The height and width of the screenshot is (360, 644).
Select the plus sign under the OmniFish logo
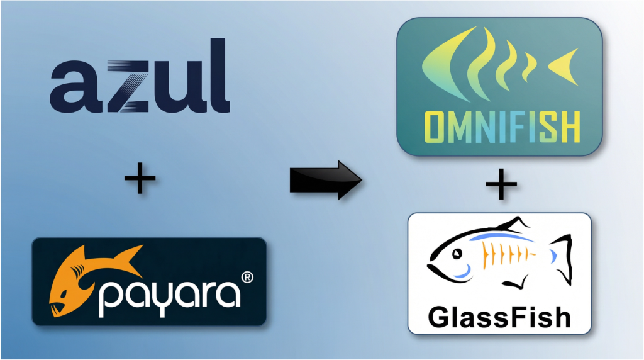point(501,184)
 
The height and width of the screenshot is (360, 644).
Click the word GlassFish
point(499,317)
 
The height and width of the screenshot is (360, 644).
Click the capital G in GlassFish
point(439,317)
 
